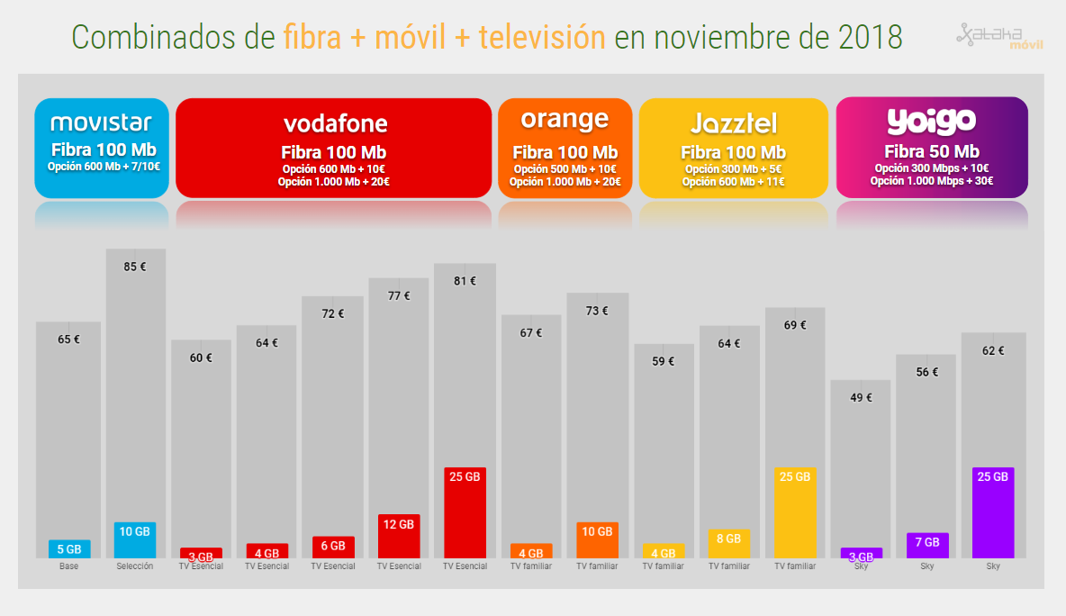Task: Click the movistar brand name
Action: tap(101, 122)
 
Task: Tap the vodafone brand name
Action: tap(335, 122)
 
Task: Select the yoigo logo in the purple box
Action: tap(931, 120)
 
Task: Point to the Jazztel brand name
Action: tap(733, 123)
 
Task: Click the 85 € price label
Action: tap(135, 267)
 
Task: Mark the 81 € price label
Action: tap(465, 281)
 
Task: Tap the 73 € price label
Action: tap(597, 311)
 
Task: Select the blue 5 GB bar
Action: tap(69, 549)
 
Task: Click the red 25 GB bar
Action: tap(465, 513)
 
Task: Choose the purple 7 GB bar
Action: tap(926, 546)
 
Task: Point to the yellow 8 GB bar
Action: tap(728, 544)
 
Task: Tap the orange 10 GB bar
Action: tap(597, 540)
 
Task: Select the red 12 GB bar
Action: tap(399, 536)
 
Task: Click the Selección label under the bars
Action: tap(135, 566)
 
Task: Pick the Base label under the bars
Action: tap(68, 566)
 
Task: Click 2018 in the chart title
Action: tap(870, 37)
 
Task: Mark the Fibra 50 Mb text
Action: tap(931, 151)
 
